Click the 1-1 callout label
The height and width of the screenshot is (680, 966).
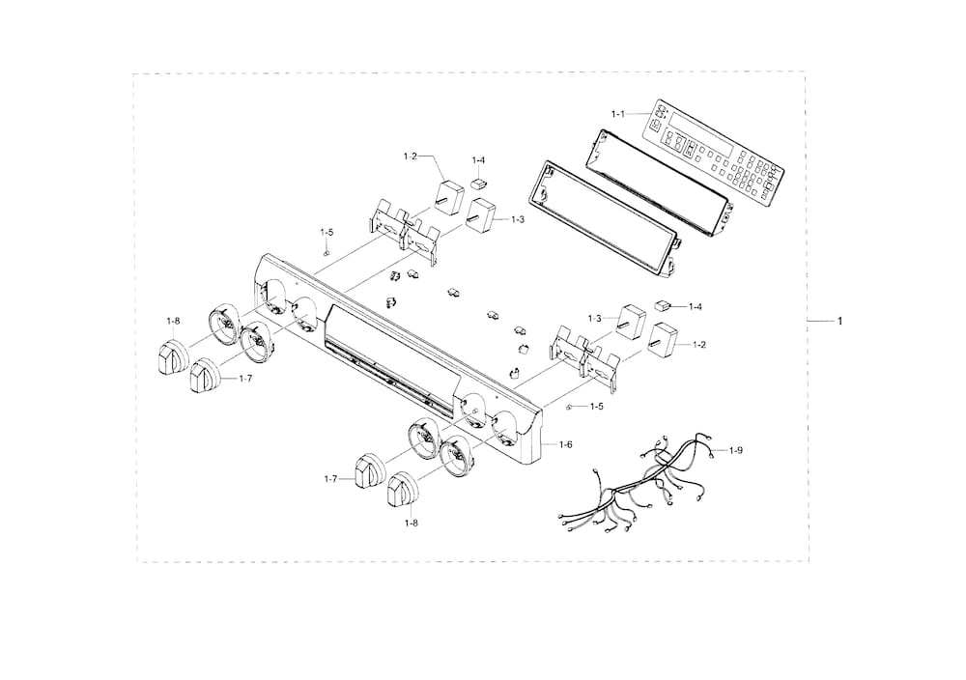(x=618, y=114)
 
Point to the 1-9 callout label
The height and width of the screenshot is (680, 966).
(x=736, y=450)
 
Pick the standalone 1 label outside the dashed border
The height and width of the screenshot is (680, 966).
(x=839, y=320)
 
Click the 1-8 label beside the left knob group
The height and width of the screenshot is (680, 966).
(x=173, y=320)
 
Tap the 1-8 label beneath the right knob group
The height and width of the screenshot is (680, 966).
(x=412, y=523)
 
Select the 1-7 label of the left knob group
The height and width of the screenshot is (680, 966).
(x=245, y=378)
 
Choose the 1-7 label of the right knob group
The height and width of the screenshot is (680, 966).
(x=331, y=479)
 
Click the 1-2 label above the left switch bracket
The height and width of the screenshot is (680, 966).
(x=411, y=156)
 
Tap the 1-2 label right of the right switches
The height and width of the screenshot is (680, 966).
(x=698, y=344)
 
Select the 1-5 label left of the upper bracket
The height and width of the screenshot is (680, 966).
(x=327, y=232)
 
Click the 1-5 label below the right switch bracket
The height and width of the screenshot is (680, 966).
(x=597, y=406)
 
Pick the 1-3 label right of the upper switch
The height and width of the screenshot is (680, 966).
(x=518, y=219)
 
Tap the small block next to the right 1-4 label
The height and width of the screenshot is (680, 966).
(x=664, y=304)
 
